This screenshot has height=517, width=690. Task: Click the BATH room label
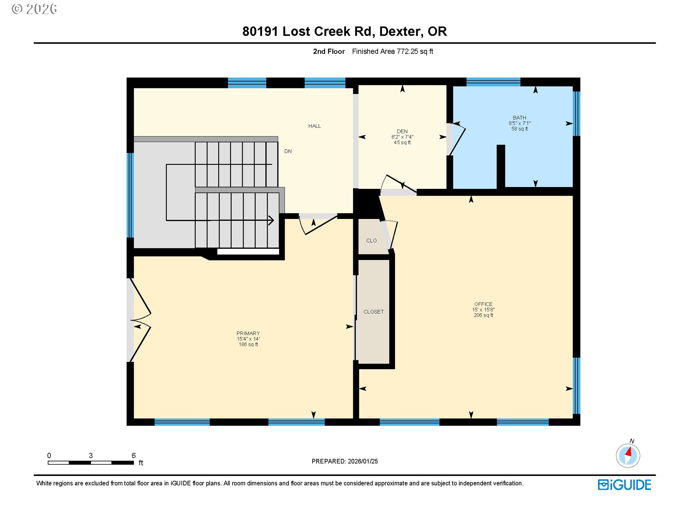point(519,118)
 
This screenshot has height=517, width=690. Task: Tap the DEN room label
point(402,131)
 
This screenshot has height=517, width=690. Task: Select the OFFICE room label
point(483,304)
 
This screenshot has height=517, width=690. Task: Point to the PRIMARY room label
point(248,333)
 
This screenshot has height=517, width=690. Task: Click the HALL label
point(314,126)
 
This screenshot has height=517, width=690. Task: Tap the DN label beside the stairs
point(288,151)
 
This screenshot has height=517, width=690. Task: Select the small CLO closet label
point(371,241)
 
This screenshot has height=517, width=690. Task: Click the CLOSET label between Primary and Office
point(373,312)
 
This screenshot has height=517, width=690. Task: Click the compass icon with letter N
point(628,456)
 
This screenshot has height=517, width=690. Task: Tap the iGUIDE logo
point(624,485)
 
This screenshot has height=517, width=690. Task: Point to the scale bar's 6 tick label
point(134,456)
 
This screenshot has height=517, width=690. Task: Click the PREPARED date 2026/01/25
point(363,461)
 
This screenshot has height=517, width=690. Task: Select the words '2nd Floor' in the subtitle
point(328,51)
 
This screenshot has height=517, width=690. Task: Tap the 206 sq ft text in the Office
point(483,315)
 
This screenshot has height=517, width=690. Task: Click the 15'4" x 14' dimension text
point(248,339)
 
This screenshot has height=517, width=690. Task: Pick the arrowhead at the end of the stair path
point(271,220)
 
